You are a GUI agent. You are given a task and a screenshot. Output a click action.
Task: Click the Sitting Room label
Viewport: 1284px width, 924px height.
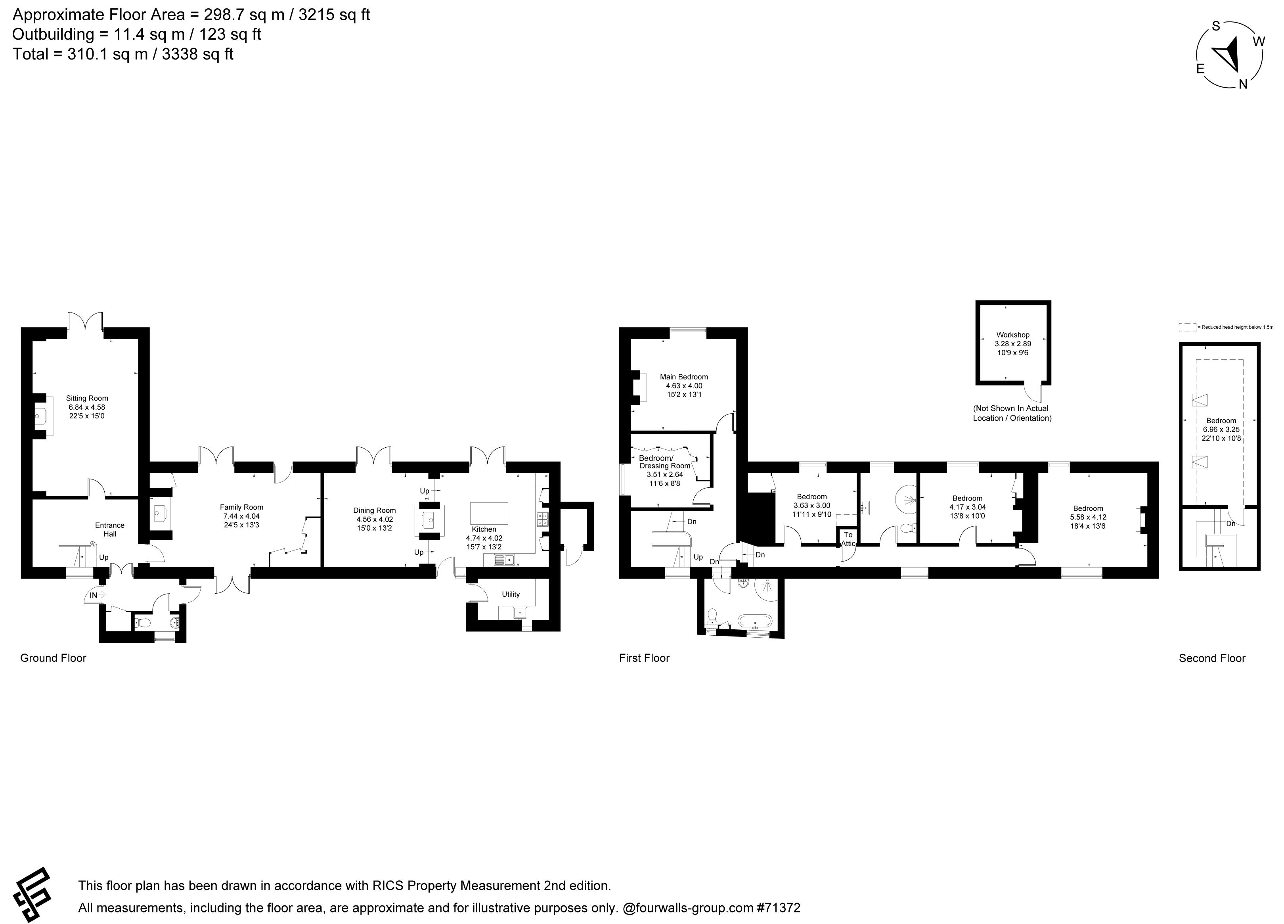[x=87, y=398]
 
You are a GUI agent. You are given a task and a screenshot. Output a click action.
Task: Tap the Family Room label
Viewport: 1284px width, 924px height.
[x=242, y=507]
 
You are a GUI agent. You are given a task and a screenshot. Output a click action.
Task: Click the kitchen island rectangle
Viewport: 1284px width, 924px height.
[x=489, y=513]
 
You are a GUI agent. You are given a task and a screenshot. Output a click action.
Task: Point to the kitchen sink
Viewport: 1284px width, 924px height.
[x=503, y=560]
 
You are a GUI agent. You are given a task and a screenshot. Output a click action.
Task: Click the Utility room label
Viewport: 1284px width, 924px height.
[x=511, y=594]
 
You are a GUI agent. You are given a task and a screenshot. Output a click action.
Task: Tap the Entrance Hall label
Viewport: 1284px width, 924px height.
[x=110, y=529]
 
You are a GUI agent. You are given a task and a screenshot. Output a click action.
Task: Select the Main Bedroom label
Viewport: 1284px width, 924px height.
[x=684, y=376]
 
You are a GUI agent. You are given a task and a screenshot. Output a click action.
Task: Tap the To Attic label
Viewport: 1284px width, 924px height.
[x=848, y=539]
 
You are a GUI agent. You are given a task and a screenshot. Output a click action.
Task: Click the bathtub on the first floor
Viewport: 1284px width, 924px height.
[x=755, y=621]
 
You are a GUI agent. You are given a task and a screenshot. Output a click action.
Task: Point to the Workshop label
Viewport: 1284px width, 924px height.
[x=1013, y=335]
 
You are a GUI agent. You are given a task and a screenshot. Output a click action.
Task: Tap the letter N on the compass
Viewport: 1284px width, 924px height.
[x=1243, y=84]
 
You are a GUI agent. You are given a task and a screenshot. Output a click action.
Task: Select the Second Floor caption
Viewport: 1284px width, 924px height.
[x=1212, y=658]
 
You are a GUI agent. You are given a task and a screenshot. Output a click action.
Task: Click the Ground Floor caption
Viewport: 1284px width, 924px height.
[x=53, y=658]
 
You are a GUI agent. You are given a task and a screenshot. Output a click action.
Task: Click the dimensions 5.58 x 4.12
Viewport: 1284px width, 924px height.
[x=1088, y=517]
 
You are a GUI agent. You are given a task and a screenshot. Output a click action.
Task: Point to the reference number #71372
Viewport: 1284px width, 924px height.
[x=779, y=908]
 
